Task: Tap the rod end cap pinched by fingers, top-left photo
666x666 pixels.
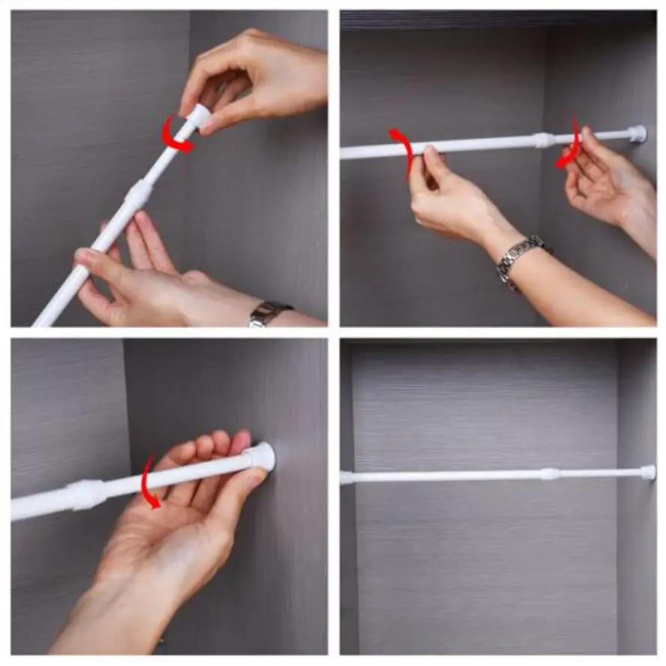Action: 199,115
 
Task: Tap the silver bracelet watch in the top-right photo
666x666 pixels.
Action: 518,256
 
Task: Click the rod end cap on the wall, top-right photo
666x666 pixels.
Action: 637,134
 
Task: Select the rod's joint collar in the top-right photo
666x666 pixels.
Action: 544,139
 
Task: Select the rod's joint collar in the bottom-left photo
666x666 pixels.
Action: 88,494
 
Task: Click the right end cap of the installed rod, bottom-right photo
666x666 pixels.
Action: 647,472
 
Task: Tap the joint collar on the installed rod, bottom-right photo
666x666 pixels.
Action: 550,473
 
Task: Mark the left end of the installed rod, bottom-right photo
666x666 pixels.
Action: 347,477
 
